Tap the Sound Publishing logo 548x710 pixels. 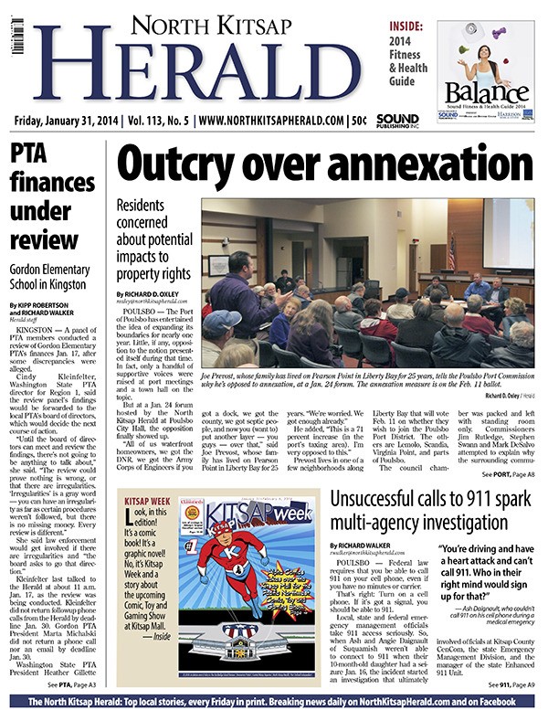[396, 120]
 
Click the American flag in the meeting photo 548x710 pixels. [450, 251]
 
